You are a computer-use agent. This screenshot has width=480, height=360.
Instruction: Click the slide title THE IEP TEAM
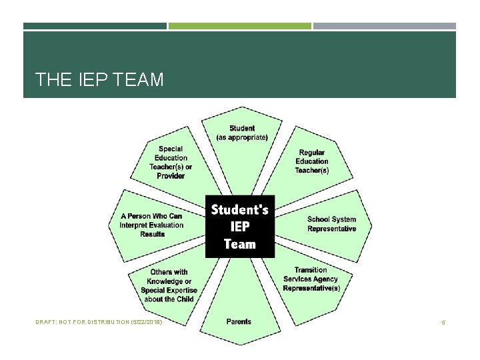[x=99, y=80]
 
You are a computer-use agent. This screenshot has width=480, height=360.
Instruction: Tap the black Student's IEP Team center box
[x=239, y=226]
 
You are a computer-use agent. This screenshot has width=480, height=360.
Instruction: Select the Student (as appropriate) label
[x=242, y=133]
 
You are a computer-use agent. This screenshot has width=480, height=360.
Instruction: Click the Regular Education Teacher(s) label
[x=312, y=161]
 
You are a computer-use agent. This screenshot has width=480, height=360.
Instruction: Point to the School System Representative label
[x=331, y=224]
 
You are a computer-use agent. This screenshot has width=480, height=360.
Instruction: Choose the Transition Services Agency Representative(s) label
[x=311, y=279]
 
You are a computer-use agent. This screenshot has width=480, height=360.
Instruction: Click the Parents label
[x=239, y=321]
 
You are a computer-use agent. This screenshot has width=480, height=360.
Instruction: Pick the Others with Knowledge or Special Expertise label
[x=169, y=285]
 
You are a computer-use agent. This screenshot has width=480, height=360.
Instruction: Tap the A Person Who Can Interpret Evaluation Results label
[x=151, y=225]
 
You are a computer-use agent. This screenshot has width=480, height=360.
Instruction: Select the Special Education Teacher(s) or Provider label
[x=171, y=162]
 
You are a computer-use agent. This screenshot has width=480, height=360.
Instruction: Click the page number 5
[x=443, y=323]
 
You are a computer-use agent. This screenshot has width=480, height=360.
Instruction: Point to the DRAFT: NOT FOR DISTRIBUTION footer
[x=99, y=322]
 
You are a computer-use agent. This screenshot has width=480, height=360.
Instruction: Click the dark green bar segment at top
[x=95, y=26]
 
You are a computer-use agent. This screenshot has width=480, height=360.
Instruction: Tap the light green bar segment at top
[x=239, y=26]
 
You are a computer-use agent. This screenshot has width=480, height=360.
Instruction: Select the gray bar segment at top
[x=385, y=26]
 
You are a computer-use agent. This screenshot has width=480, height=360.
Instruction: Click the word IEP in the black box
[x=240, y=227]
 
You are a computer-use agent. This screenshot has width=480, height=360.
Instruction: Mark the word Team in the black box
[x=240, y=243]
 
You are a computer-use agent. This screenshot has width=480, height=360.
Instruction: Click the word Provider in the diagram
[x=171, y=176]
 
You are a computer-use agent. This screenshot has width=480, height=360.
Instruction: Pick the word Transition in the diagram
[x=311, y=270]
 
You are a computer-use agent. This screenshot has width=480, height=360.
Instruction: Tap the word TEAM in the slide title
[x=139, y=80]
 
